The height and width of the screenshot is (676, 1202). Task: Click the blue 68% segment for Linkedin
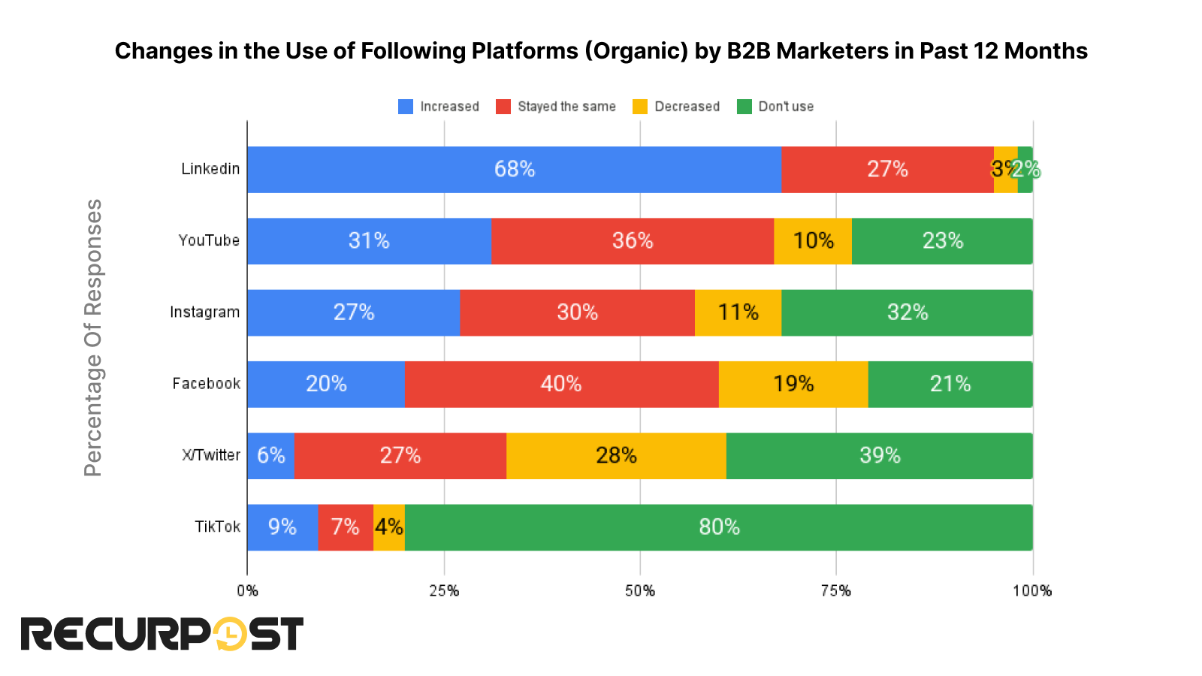[x=514, y=170]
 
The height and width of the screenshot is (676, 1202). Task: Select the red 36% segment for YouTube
[x=632, y=241]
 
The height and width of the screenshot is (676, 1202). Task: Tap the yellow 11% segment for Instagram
[x=738, y=312]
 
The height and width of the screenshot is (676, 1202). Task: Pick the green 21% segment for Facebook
[x=950, y=384]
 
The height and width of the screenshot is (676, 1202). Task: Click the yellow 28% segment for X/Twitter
[x=616, y=456]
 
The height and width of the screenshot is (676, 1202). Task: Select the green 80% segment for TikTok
[x=718, y=527]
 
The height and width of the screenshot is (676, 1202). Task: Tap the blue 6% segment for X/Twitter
[x=270, y=456]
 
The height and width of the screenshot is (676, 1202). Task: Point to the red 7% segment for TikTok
[x=345, y=527]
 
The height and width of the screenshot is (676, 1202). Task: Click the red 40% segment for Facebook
[x=561, y=384]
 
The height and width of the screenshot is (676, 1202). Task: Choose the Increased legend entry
[x=439, y=107]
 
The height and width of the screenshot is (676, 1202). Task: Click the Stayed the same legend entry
[x=556, y=107]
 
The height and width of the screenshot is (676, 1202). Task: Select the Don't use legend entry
[x=775, y=107]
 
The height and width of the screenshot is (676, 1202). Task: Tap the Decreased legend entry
[x=676, y=107]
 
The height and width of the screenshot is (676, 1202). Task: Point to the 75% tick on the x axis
[x=835, y=591]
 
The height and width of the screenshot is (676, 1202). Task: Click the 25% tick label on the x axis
[x=444, y=591]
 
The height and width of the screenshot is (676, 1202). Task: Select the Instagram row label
[x=204, y=312]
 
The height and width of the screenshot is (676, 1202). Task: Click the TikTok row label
[x=217, y=527]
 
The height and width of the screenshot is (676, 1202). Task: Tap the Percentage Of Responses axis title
[x=93, y=337]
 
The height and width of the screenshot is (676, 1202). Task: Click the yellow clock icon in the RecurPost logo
[x=230, y=634]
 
